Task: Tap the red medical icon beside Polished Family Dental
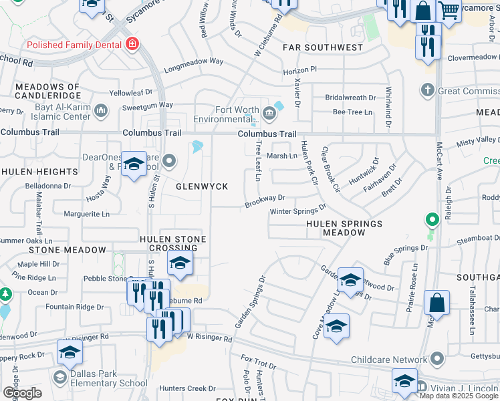[132, 45]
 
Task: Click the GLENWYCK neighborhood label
[202, 186]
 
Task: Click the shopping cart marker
[449, 9]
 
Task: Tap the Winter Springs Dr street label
[297, 211]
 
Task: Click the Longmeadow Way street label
[193, 61]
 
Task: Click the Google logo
[22, 393]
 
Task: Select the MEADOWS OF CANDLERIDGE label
[47, 92]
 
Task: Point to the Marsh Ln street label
[281, 156]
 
